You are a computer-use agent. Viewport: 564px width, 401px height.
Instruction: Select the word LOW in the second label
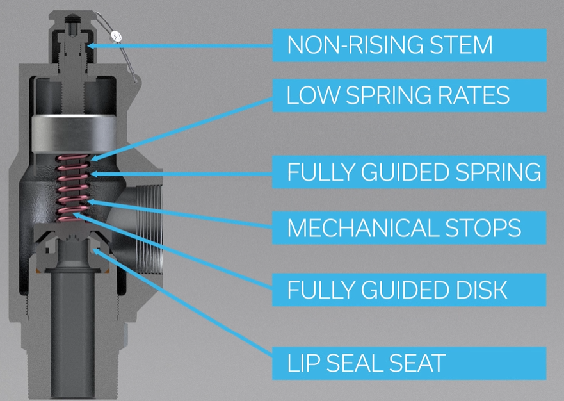click(313, 95)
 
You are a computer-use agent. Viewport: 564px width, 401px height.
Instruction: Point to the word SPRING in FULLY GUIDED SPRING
click(498, 172)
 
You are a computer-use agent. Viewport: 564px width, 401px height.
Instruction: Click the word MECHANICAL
click(362, 228)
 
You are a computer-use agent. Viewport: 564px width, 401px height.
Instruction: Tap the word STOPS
click(483, 228)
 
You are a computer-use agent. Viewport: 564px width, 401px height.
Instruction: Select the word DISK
click(481, 290)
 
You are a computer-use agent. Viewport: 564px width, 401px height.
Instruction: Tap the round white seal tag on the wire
click(116, 36)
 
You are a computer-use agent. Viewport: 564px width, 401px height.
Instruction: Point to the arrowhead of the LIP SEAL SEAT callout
click(96, 251)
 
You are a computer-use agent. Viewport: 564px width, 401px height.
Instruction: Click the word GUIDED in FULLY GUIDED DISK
click(405, 290)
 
